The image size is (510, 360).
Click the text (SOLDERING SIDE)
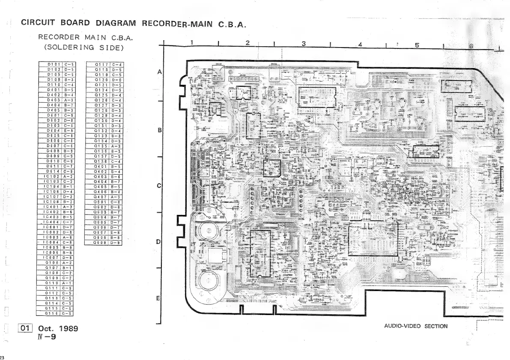coord(84,47)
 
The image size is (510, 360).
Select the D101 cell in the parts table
coord(56,65)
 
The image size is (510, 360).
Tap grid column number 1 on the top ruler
coord(192,42)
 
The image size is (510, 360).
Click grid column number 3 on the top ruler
coord(304,44)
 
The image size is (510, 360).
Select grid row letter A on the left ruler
coord(159,73)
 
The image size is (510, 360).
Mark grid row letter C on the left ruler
coord(159,186)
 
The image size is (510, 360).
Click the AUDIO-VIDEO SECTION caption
coord(415,326)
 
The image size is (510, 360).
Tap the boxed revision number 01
coord(25,328)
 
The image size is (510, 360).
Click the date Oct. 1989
coord(58,329)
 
